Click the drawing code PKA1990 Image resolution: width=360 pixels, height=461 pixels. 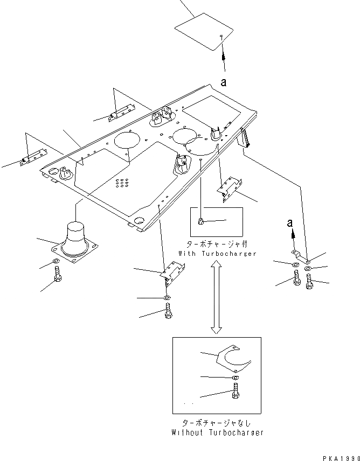coord(341,457)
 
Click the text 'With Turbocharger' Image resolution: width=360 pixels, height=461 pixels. coord(217,253)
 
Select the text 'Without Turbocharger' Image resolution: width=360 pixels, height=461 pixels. coord(217,432)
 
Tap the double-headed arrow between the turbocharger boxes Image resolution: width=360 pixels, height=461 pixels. coord(216,296)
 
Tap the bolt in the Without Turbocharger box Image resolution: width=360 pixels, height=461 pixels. coord(236,394)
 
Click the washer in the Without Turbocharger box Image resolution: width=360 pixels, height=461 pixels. coord(236,378)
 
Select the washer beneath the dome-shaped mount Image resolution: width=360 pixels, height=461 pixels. coord(57,263)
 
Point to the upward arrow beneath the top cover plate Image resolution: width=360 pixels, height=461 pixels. coord(223,55)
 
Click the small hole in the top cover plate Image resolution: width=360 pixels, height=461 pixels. coord(221,37)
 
